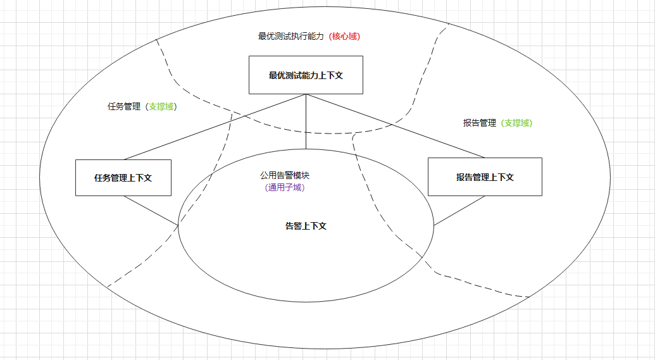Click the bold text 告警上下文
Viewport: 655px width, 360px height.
[306, 226]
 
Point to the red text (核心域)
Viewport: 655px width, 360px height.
[344, 37]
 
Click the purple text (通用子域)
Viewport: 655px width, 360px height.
[285, 187]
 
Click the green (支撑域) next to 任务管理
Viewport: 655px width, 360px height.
[161, 107]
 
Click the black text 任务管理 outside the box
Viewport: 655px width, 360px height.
[124, 107]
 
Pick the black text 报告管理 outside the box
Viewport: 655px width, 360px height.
[480, 123]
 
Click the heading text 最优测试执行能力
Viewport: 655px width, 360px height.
[291, 37]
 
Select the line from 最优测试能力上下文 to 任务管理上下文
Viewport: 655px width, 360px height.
[215, 127]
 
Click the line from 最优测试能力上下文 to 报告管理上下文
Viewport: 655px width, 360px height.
[396, 125]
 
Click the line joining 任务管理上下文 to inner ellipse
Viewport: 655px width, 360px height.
[151, 210]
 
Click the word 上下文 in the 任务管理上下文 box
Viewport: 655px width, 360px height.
[140, 178]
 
